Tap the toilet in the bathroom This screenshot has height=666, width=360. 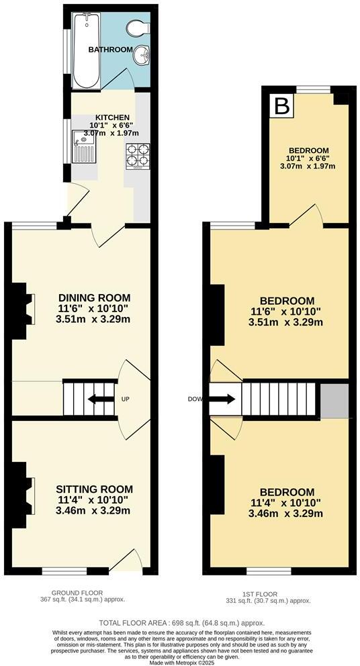click(x=136, y=29)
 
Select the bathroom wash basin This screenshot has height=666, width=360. click(x=142, y=56)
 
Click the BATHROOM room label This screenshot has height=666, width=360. click(x=110, y=50)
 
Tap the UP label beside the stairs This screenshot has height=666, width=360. click(x=125, y=399)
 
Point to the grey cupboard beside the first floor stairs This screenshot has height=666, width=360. click(x=334, y=401)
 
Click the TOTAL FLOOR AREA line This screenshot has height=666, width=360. click(x=179, y=623)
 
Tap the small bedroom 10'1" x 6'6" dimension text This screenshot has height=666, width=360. click(x=308, y=158)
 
